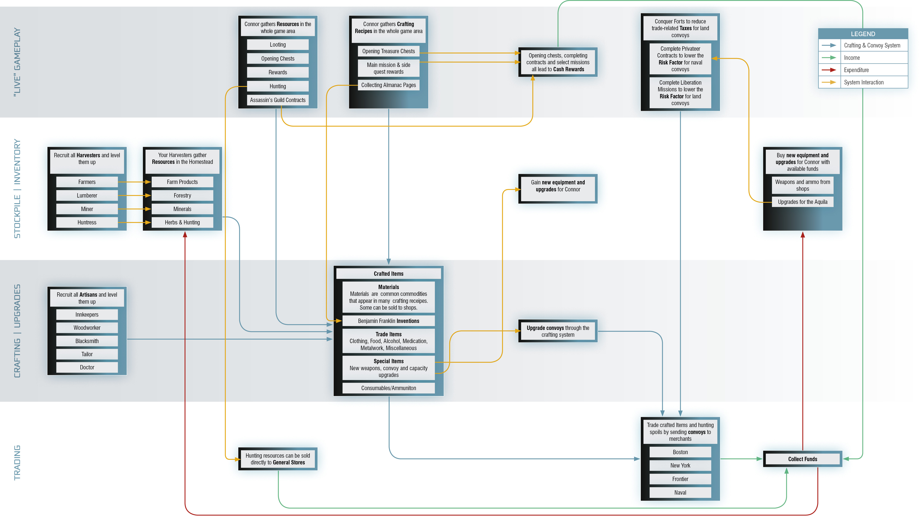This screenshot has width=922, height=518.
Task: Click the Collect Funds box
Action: pyautogui.click(x=803, y=459)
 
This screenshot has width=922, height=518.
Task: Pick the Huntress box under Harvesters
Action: pyautogui.click(x=87, y=222)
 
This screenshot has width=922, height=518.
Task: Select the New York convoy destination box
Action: pyautogui.click(x=680, y=466)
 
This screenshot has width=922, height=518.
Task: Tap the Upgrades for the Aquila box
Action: pyautogui.click(x=803, y=202)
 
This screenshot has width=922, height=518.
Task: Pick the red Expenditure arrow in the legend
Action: pyautogui.click(x=829, y=70)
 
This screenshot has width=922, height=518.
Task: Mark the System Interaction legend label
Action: pyautogui.click(x=864, y=82)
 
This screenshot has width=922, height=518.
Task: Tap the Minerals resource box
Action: pyautogui.click(x=182, y=209)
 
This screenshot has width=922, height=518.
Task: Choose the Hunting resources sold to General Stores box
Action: pyautogui.click(x=278, y=459)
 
